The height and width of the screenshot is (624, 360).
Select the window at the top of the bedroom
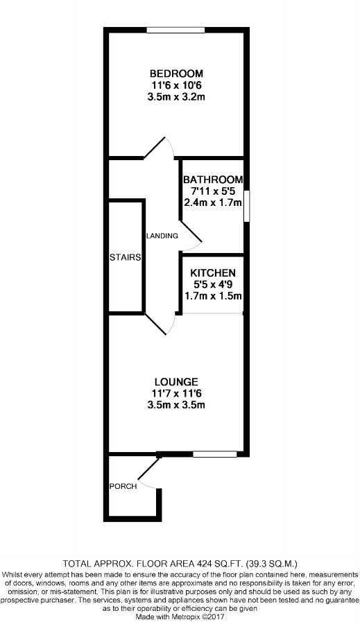pyautogui.click(x=175, y=30)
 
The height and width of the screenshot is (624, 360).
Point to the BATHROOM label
pyautogui.click(x=213, y=180)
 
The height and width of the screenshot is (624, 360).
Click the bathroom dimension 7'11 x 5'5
pyautogui.click(x=213, y=191)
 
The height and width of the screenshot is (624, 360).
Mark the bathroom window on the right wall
pyautogui.click(x=246, y=207)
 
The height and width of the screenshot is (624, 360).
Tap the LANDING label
pyautogui.click(x=162, y=236)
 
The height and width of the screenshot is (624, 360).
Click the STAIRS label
pyautogui.click(x=126, y=258)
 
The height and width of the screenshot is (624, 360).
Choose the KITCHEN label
pyautogui.click(x=213, y=273)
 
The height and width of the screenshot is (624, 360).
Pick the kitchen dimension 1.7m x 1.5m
pyautogui.click(x=213, y=297)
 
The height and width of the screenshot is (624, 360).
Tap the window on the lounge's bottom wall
pyautogui.click(x=210, y=455)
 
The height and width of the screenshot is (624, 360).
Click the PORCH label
pyautogui.click(x=123, y=486)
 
